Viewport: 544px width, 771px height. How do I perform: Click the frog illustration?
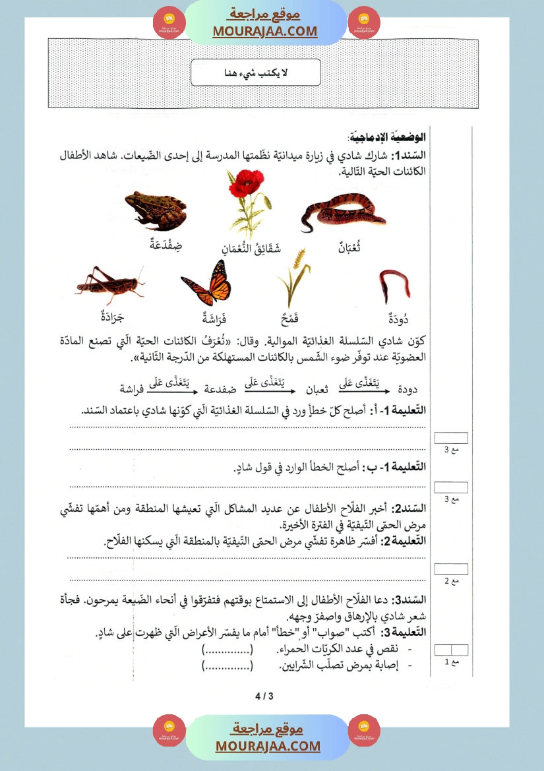coord(154,210)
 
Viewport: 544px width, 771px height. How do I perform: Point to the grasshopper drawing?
coord(109,282)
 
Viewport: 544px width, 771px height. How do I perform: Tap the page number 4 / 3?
coord(263,696)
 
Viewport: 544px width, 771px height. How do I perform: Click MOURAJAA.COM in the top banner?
coord(265,31)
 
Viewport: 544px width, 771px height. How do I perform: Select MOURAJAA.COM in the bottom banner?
coord(268,746)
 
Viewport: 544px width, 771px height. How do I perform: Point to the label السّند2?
coord(409,509)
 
